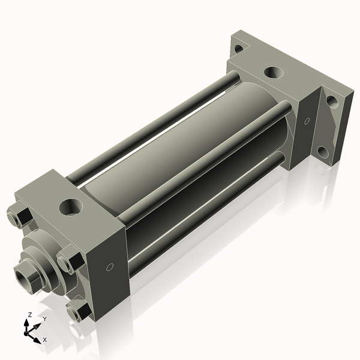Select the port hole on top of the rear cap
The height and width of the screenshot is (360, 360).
[x=273, y=72]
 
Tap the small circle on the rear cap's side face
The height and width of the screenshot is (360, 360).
[x=307, y=122]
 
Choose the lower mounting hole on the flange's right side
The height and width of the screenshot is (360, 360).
[x=323, y=152]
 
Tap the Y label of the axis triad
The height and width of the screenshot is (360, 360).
[x=44, y=319]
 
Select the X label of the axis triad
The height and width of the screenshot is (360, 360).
[x=44, y=340]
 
